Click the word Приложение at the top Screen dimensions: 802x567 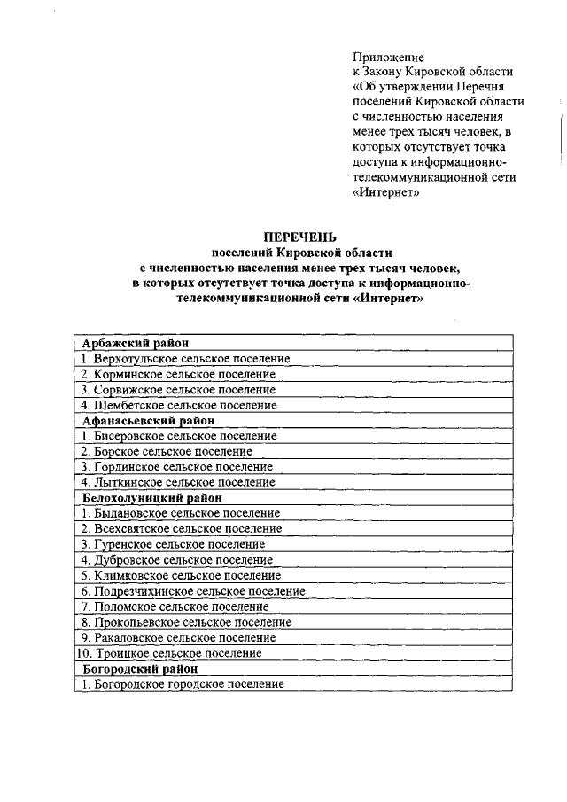388,56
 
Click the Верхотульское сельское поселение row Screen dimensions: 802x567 185,359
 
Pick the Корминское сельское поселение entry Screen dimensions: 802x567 178,374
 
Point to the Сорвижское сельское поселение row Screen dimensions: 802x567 178,390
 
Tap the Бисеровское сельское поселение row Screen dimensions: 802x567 178,436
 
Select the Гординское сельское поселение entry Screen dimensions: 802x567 177,467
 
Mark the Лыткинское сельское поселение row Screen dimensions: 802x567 178,482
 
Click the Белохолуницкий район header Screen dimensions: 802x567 151,498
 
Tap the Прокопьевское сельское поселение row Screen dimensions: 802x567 186,622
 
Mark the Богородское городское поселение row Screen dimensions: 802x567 183,684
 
